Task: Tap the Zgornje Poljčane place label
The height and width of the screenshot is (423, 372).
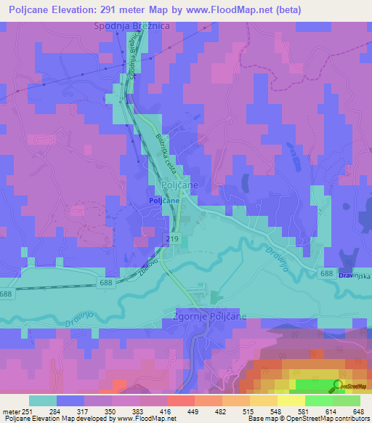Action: coord(210,317)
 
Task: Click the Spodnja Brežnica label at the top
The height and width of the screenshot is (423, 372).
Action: coord(132,27)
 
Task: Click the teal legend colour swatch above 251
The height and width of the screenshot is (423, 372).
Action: coord(43,400)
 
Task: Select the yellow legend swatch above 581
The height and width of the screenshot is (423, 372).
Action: coord(290,400)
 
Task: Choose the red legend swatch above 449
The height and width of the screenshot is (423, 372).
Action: coord(180,400)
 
